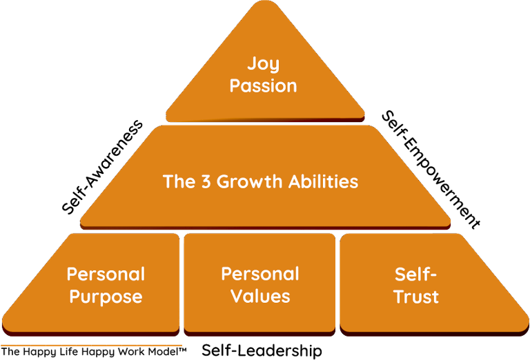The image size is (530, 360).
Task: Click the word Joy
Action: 264,66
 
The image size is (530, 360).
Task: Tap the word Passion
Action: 264,86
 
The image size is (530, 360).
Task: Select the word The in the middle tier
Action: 178,181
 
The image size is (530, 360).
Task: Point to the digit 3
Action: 206,181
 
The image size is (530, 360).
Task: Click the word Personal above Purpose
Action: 106,274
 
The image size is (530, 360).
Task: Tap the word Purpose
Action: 106,297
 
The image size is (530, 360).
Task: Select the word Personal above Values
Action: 260,274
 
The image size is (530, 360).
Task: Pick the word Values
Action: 260,297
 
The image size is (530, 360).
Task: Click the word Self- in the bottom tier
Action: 416,274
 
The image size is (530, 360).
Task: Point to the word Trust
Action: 416,297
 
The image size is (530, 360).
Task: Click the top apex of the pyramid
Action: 265,3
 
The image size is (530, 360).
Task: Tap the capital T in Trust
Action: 399,297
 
